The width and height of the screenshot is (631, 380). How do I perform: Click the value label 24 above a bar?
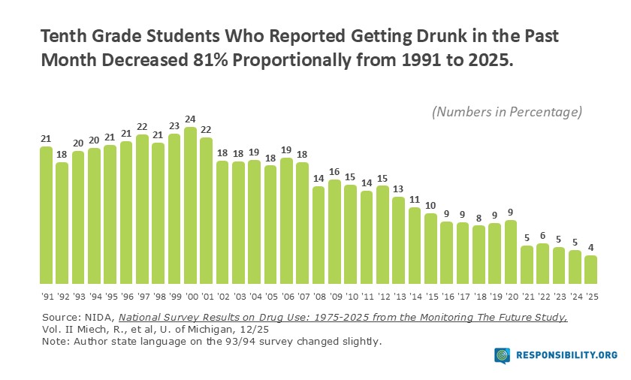(x=190, y=119)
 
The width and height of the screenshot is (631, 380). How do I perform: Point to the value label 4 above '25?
(x=591, y=248)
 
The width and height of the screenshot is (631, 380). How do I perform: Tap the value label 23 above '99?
(x=174, y=126)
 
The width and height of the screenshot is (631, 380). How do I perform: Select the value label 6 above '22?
(x=542, y=236)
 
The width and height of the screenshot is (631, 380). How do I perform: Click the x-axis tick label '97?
(x=142, y=295)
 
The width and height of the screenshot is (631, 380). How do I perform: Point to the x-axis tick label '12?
(x=382, y=295)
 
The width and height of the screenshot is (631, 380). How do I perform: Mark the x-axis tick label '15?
(x=430, y=295)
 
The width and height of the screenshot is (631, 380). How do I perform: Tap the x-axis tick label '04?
(x=254, y=295)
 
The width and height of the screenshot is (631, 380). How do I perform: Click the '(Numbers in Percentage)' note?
(x=507, y=112)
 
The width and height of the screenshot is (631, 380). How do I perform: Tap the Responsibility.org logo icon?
(x=503, y=355)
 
